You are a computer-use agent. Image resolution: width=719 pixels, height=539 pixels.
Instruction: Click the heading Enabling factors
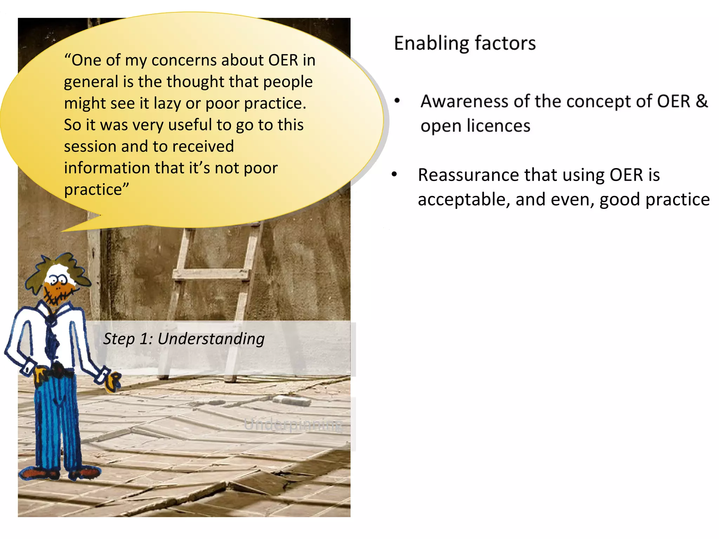464,44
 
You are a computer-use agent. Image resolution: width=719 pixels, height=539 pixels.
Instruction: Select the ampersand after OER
701,101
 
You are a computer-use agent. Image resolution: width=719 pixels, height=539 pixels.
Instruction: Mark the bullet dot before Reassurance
394,174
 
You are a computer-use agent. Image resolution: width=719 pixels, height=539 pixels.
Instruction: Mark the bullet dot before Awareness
397,101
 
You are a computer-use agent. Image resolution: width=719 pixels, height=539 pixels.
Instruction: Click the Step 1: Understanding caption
184,339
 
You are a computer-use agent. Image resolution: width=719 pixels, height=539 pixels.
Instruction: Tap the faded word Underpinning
293,425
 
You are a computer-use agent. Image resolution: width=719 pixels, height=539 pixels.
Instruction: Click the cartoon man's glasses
58,280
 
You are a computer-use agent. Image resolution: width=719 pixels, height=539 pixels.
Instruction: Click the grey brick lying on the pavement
291,400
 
